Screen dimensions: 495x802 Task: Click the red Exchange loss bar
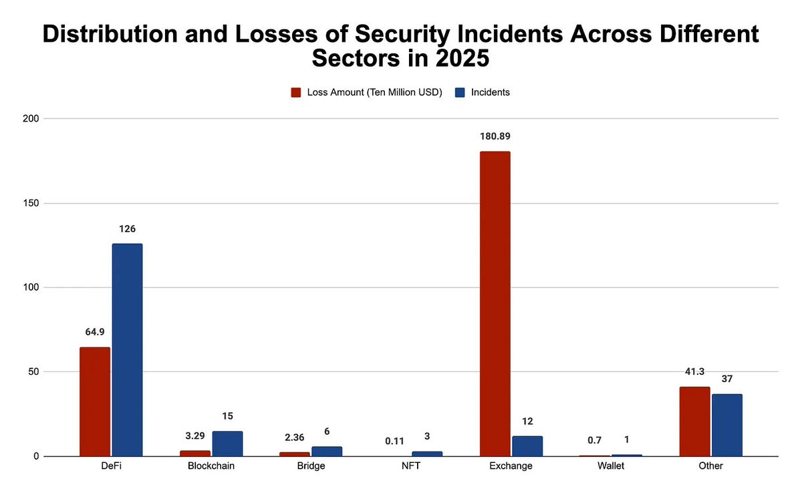coord(495,304)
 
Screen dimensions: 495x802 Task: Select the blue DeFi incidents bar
coord(127,350)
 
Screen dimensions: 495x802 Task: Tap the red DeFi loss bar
coord(95,401)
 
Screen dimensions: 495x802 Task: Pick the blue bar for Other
coord(726,425)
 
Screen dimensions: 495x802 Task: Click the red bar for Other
coord(694,422)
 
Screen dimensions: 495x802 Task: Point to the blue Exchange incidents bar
coord(527,446)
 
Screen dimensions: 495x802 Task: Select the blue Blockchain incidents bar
coord(227,444)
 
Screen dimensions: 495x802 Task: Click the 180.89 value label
coord(495,136)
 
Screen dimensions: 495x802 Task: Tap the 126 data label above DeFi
coord(127,229)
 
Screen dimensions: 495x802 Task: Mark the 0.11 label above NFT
coord(394,441)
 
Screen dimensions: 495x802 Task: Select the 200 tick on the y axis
coord(30,119)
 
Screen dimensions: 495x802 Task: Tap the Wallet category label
coord(610,466)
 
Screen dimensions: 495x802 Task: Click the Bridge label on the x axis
coord(310,466)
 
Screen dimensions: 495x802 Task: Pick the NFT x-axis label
coord(410,466)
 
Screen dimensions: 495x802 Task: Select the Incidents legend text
coord(490,92)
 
